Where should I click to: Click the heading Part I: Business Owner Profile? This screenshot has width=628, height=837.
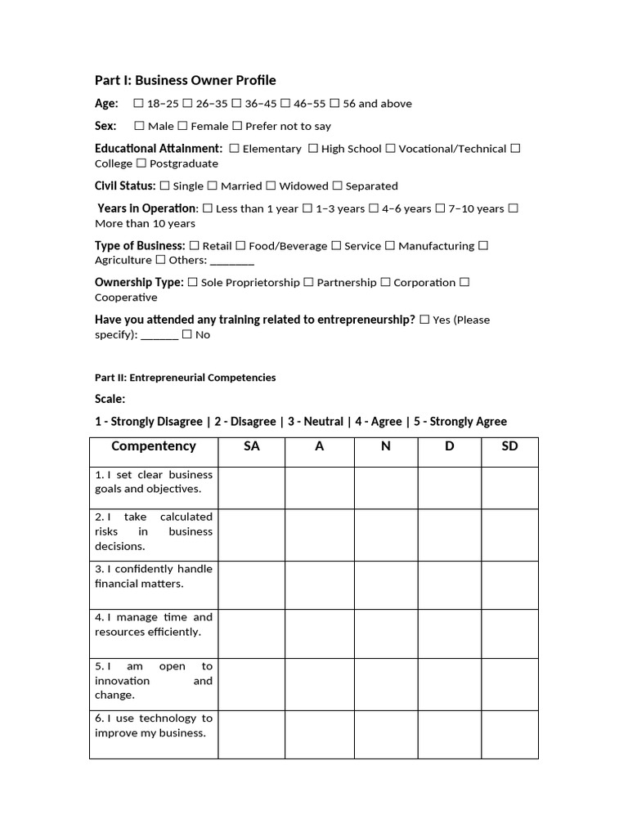[x=186, y=80]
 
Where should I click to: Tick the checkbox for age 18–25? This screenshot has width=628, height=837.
[x=138, y=104]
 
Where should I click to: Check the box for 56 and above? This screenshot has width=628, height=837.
[x=335, y=104]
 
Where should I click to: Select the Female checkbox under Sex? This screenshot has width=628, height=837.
[x=182, y=126]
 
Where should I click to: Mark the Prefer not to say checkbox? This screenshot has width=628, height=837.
[x=237, y=126]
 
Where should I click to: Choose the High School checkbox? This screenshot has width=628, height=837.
[x=313, y=149]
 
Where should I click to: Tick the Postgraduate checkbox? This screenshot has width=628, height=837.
[x=141, y=163]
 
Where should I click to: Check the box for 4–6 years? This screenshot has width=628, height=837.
[x=374, y=208]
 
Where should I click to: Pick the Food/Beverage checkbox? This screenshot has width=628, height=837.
[x=240, y=245]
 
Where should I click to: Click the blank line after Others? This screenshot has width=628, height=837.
[x=232, y=261]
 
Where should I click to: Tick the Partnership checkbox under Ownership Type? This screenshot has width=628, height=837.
[x=308, y=282]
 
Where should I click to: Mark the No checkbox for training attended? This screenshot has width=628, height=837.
[x=187, y=334]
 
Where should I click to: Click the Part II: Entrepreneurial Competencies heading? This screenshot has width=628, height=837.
[x=186, y=378]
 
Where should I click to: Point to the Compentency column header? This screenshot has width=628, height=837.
[x=154, y=446]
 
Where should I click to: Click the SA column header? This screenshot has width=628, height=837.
[x=251, y=446]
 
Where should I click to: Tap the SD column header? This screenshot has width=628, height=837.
[x=509, y=446]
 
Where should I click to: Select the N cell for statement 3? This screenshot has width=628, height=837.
[x=386, y=585]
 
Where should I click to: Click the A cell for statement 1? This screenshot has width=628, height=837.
[x=319, y=488]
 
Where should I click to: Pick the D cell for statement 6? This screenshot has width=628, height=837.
[x=449, y=734]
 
